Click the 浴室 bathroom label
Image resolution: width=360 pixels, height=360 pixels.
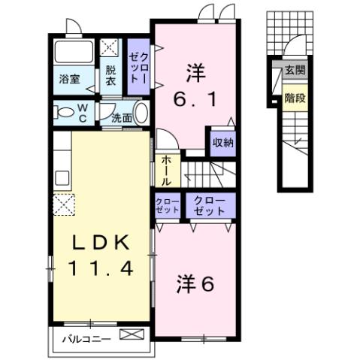(71, 77)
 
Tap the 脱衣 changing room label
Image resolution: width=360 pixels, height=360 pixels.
(110, 76)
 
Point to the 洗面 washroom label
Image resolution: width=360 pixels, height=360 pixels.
(122, 117)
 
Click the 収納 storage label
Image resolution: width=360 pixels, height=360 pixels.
(222, 142)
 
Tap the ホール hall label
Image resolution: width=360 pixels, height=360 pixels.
(165, 170)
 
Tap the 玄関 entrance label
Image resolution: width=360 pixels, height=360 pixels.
(294, 71)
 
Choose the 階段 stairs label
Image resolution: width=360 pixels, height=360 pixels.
(294, 97)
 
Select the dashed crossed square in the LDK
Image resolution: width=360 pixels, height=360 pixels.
(64, 204)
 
